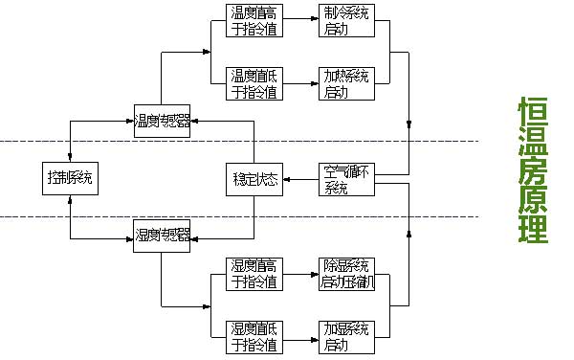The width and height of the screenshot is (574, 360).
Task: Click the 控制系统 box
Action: point(71,177)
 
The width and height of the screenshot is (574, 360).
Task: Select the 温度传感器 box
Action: point(162,121)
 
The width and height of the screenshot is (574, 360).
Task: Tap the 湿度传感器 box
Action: point(162,235)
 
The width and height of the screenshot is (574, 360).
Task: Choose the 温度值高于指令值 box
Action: point(255,22)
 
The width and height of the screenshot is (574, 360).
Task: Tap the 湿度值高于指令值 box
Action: point(255,275)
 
